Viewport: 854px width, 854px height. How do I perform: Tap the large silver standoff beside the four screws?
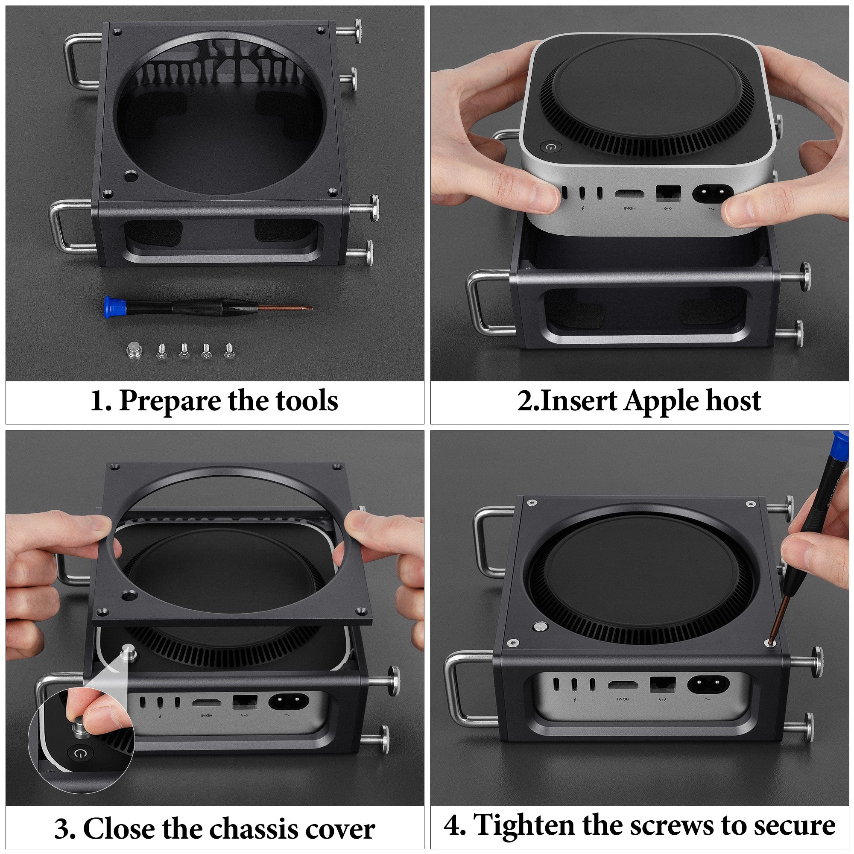(134, 351)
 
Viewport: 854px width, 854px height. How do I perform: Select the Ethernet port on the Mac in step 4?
(663, 685)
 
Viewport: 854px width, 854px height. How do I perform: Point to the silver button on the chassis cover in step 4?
(540, 626)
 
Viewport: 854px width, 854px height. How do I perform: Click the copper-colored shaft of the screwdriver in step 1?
(286, 307)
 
